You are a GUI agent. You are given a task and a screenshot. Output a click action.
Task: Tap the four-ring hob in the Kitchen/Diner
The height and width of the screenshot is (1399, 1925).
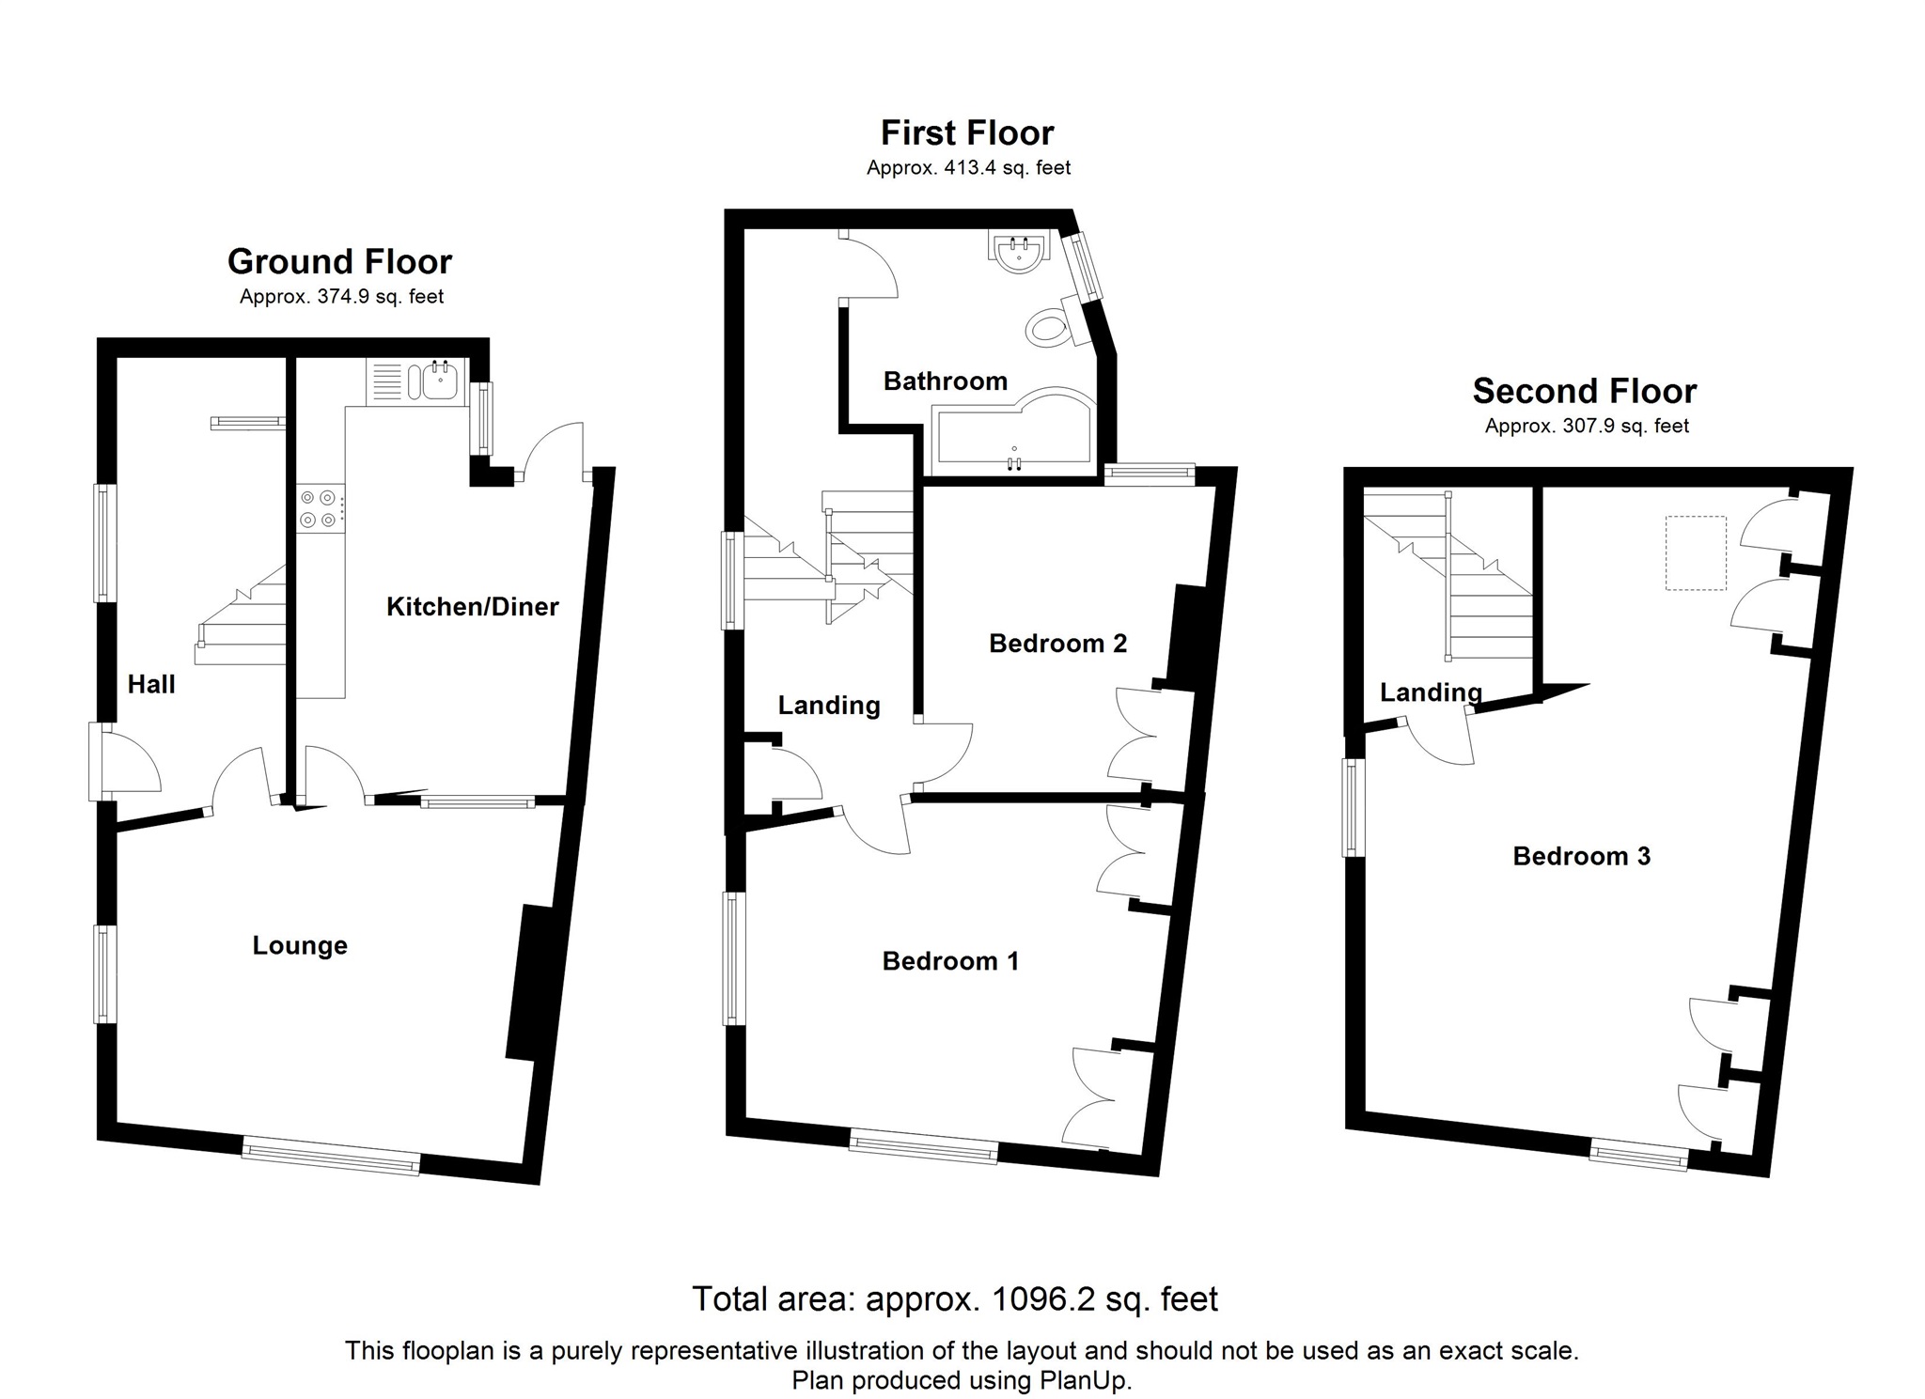[x=320, y=508]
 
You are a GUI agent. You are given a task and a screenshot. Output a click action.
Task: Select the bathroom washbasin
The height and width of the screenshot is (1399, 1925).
[x=1018, y=252]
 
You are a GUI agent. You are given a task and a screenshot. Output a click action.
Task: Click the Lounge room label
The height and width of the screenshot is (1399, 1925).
[x=300, y=945]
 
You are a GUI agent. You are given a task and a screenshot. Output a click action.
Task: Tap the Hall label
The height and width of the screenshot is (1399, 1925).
[x=151, y=684]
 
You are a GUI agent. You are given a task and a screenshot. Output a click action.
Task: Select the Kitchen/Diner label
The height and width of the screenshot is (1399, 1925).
[x=473, y=606]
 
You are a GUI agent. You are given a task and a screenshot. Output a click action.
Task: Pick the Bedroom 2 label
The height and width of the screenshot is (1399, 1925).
[x=1057, y=644]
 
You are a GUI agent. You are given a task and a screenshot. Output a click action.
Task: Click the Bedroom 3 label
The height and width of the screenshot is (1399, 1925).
[x=1581, y=856]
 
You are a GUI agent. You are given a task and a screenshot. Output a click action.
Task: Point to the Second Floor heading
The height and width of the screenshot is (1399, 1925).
[x=1585, y=391]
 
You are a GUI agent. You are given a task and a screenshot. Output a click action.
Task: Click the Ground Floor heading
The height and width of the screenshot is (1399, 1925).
[x=340, y=261]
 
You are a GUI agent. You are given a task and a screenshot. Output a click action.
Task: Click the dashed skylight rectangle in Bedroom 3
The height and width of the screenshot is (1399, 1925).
[x=1696, y=552]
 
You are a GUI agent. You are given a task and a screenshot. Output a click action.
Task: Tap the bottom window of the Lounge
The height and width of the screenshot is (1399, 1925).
[x=331, y=1156]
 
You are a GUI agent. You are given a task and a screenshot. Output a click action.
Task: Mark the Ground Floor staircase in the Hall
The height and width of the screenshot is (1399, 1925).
[x=242, y=615]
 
